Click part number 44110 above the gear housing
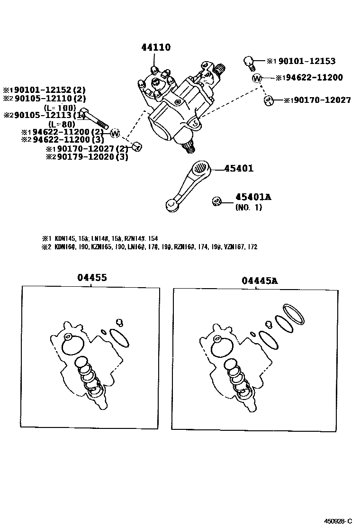(155, 47)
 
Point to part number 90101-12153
(306, 61)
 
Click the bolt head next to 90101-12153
(249, 61)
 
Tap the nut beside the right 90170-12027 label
(269, 100)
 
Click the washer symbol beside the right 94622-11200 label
(257, 78)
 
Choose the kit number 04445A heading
(260, 281)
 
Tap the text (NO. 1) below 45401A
(248, 207)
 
